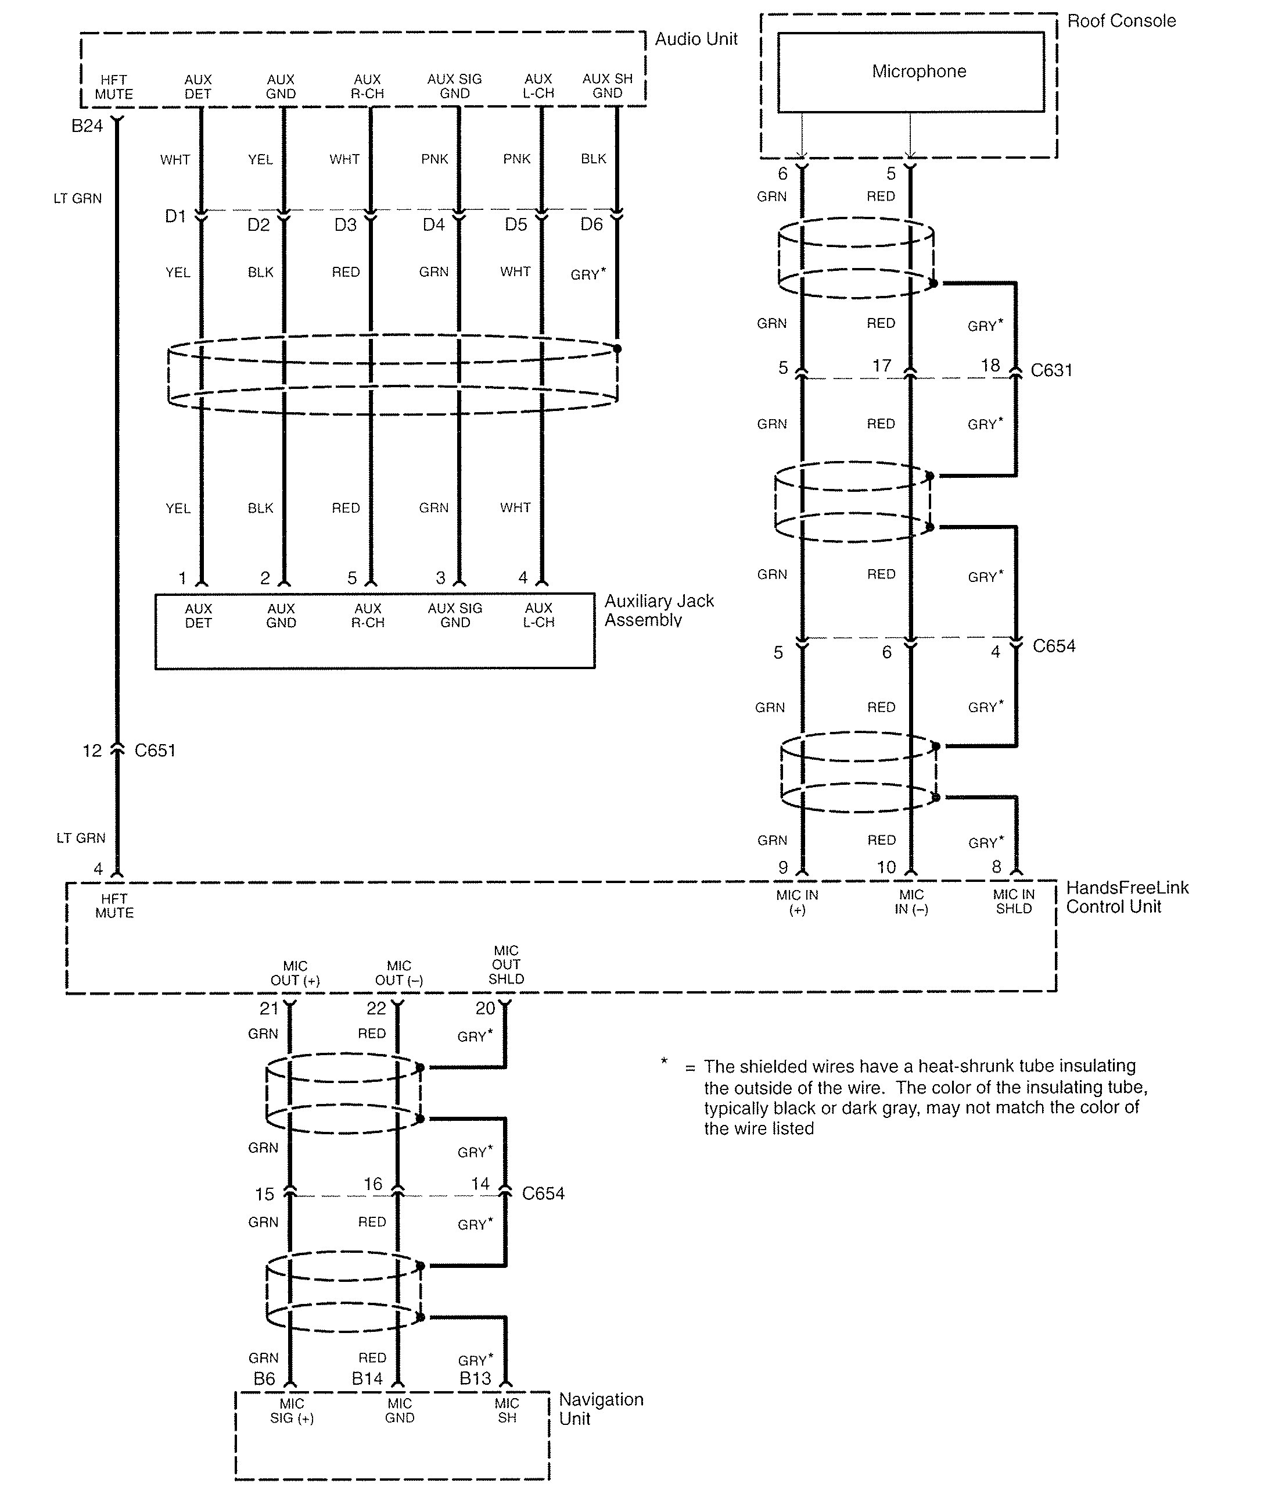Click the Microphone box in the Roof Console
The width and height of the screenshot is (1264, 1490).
tap(910, 72)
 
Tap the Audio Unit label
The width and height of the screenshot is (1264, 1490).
tap(696, 40)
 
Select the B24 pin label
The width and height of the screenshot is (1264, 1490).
tap(87, 126)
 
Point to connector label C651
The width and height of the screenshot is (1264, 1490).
tap(155, 751)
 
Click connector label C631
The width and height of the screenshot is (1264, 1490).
tap(1051, 371)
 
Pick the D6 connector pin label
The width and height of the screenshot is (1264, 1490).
tap(591, 224)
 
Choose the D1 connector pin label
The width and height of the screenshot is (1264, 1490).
tap(175, 216)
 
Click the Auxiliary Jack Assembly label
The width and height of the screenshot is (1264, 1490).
tap(659, 610)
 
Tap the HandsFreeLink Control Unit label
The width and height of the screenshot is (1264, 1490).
tap(1126, 897)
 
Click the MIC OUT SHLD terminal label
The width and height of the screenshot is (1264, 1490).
tap(506, 964)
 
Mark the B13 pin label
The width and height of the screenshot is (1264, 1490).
tap(475, 1378)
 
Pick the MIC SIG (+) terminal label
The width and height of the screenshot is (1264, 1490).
tap(292, 1410)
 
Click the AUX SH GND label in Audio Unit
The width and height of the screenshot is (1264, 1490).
tap(607, 86)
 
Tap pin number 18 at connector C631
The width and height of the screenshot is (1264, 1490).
tap(990, 366)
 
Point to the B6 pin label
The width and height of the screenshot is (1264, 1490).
tap(264, 1378)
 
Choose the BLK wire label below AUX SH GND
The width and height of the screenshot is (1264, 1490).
tap(593, 159)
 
